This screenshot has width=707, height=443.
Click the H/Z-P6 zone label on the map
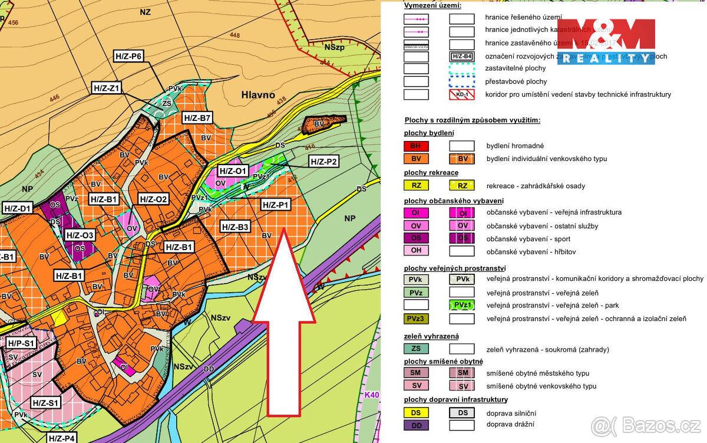pyautogui.click(x=128, y=57)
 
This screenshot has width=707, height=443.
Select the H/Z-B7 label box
pyautogui.click(x=197, y=118)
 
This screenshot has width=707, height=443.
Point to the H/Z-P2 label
pyautogui.click(x=323, y=162)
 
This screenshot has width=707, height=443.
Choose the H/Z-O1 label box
pyautogui.click(x=232, y=171)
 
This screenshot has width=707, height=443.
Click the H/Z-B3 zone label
pyautogui.click(x=235, y=227)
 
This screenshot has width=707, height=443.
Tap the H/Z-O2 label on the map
pyautogui.click(x=153, y=199)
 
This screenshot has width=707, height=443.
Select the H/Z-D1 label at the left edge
pyautogui.click(x=16, y=208)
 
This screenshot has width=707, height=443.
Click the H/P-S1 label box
pyautogui.click(x=22, y=342)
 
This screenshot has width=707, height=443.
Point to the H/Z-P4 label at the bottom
pyautogui.click(x=61, y=438)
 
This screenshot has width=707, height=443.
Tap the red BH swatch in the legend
pyautogui.click(x=416, y=146)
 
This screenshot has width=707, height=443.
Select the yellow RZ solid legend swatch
pyautogui.click(x=416, y=186)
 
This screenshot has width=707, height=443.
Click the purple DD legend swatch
pyautogui.click(x=416, y=425)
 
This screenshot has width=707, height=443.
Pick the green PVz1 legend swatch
pyautogui.click(x=462, y=306)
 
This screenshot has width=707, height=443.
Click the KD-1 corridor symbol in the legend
pyautogui.click(x=462, y=94)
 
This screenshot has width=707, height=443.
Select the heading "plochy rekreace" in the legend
pyautogui.click(x=431, y=173)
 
